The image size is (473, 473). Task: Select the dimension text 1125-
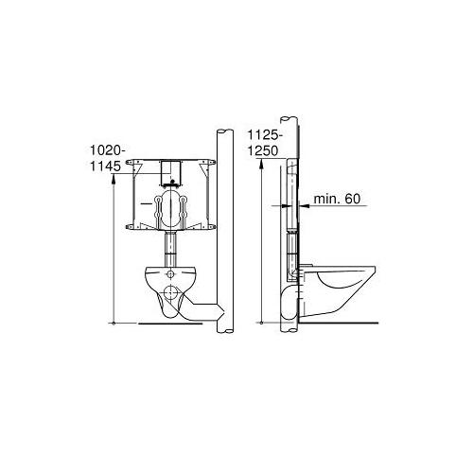click(x=262, y=132)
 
